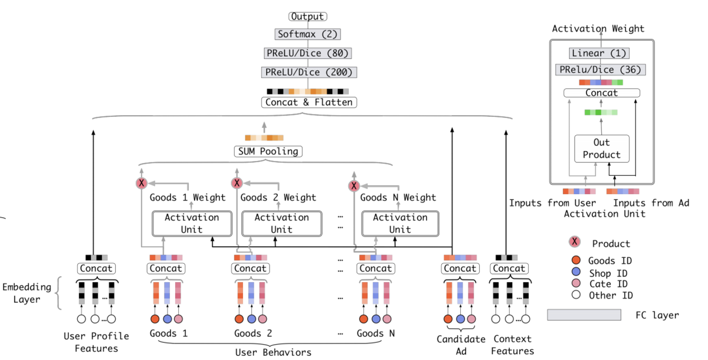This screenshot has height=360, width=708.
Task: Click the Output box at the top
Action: tap(307, 17)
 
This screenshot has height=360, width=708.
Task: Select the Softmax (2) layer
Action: tap(307, 34)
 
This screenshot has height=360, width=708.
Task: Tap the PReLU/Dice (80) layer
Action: tap(307, 53)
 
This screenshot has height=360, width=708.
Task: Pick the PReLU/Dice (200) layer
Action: tap(309, 73)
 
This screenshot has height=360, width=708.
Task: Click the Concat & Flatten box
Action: tap(309, 103)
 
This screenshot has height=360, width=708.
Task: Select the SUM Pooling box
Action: tap(268, 152)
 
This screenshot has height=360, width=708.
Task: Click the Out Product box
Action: tap(601, 149)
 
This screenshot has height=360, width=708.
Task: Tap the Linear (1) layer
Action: tap(599, 53)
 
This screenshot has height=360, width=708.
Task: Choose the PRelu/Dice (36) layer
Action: tap(600, 70)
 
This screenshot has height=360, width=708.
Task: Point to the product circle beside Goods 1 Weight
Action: tap(141, 183)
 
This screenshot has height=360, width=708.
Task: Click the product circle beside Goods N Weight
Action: tap(354, 186)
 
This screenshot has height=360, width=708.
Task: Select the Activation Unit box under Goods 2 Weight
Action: tap(281, 224)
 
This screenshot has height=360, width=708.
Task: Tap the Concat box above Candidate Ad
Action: tap(460, 269)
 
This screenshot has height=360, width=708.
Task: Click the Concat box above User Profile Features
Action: tap(96, 269)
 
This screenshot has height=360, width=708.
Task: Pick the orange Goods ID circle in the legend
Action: tap(576, 260)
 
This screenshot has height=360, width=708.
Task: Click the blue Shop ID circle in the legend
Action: tap(576, 272)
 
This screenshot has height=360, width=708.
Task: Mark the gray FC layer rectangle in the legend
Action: tap(584, 315)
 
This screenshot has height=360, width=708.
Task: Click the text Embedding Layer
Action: tap(27, 293)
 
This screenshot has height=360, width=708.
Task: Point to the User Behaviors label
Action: tap(273, 352)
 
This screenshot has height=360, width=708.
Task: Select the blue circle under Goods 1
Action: tap(167, 319)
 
